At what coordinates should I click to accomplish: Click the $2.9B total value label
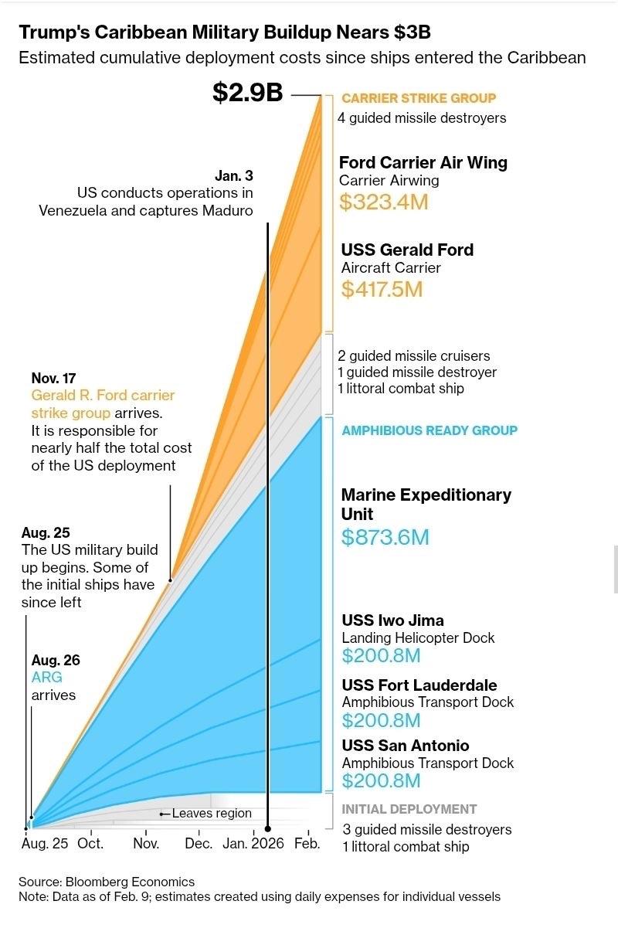point(247,93)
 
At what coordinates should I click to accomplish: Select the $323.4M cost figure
point(384,202)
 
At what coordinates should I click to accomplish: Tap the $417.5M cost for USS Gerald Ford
point(382,289)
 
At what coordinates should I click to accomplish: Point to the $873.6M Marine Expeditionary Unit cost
point(385,537)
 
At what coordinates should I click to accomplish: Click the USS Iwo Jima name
point(392,620)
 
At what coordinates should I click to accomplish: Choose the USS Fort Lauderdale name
point(419,685)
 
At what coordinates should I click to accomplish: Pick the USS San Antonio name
point(406,746)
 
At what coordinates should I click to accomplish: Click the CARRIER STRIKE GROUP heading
point(419,98)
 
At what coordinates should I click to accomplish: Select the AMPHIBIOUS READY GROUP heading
point(430,430)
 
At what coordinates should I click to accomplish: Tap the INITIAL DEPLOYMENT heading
point(409,809)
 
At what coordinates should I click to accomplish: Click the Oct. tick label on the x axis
point(90,843)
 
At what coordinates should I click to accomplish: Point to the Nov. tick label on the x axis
point(146,843)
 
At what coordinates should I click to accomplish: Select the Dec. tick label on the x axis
point(199,843)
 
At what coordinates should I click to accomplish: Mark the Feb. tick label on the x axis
point(307,843)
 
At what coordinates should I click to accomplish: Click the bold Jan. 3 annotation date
point(233,175)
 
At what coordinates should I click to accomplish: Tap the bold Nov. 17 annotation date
point(53,378)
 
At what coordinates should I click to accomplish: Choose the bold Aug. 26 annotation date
point(56,661)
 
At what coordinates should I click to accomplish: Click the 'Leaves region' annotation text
point(212,813)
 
